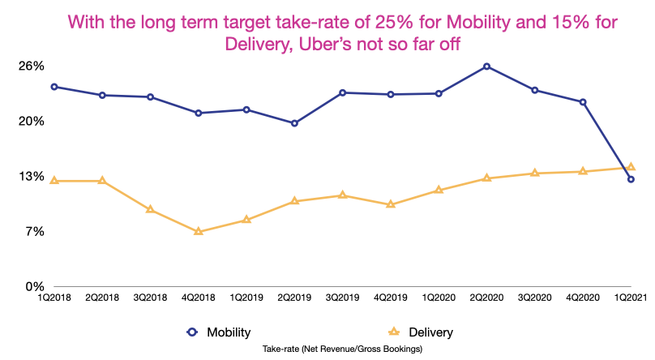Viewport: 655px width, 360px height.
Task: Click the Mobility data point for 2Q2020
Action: [x=486, y=66]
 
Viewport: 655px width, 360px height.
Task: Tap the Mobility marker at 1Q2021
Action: [x=631, y=179]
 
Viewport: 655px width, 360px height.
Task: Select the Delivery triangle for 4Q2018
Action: [x=198, y=232]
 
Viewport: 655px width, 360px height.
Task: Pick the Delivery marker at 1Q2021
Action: [x=631, y=167]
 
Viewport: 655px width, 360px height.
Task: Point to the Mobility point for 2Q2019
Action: [x=294, y=123]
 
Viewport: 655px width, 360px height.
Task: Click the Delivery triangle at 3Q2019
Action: [x=342, y=195]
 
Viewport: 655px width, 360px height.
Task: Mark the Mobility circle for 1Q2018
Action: [x=54, y=87]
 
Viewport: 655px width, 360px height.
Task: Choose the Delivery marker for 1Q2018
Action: [x=54, y=180]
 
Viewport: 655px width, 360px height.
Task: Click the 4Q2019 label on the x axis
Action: [x=390, y=298]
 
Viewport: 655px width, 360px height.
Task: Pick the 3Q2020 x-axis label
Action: [x=534, y=298]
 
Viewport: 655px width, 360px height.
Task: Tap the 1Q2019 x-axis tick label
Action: [x=246, y=298]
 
